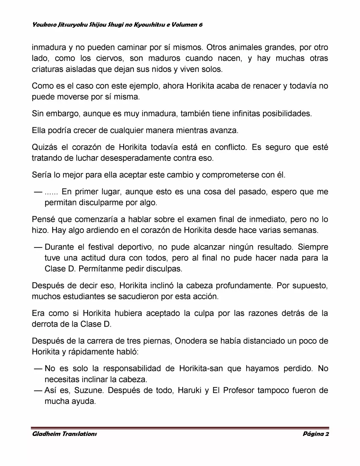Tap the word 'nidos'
point(160,70)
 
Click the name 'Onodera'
point(190,341)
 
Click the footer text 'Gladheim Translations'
point(64,434)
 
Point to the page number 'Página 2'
point(316,434)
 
